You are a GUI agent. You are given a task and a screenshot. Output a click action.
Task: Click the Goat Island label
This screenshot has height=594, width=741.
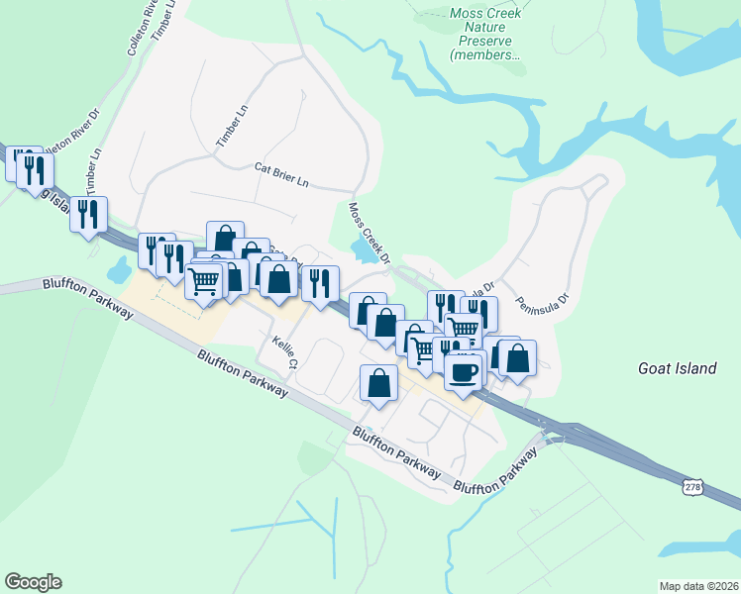pyautogui.click(x=677, y=368)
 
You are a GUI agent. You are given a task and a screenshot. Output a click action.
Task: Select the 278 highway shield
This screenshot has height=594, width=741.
pyautogui.click(x=693, y=484)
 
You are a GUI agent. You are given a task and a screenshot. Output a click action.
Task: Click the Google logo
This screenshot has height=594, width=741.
pyautogui.click(x=33, y=582)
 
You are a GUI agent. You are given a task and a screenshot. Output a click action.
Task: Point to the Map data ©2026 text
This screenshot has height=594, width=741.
pyautogui.click(x=698, y=585)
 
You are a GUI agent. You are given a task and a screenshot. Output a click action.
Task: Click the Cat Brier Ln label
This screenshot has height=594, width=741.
pyautogui.click(x=281, y=176)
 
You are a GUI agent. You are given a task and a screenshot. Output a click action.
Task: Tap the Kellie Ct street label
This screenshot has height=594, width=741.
pyautogui.click(x=285, y=351)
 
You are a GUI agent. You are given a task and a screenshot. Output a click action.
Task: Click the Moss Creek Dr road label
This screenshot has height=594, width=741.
pyautogui.click(x=370, y=231)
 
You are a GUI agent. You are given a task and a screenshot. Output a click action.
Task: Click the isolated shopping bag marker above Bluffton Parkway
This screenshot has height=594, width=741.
pyautogui.click(x=378, y=382)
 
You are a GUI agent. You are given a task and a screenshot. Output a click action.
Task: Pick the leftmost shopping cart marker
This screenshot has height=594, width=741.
pyautogui.click(x=204, y=282)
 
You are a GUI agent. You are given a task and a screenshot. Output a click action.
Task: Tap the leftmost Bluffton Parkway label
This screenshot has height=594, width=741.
pyautogui.click(x=87, y=296)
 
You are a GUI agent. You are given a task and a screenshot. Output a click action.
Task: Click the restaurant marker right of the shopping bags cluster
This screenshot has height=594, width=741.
pyautogui.click(x=320, y=282)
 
